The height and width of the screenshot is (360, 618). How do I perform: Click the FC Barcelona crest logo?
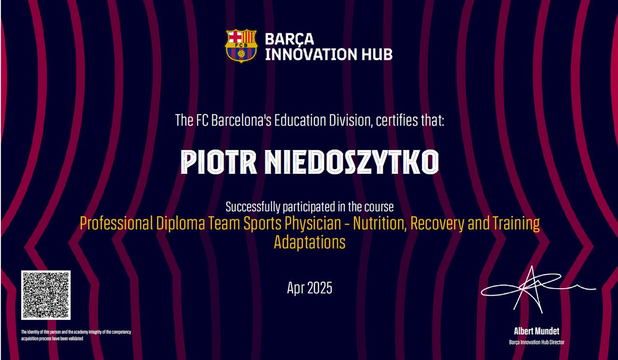click(x=241, y=46)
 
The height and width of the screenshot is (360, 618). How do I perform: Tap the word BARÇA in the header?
click(x=289, y=40)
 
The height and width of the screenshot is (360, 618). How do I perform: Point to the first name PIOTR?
click(x=219, y=162)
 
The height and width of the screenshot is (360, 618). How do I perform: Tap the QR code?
click(x=46, y=295)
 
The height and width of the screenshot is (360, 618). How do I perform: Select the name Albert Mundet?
click(x=536, y=331)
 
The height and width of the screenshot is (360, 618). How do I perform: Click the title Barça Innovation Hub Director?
click(x=536, y=342)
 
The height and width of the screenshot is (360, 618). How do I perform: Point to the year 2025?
click(x=320, y=288)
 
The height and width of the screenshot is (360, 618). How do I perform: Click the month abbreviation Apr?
click(x=295, y=289)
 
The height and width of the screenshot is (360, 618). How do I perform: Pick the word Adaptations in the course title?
click(x=309, y=242)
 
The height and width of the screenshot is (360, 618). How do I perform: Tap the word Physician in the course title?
click(x=313, y=223)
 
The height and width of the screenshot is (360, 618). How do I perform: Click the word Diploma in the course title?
click(x=181, y=223)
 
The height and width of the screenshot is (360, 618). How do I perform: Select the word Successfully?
click(x=253, y=207)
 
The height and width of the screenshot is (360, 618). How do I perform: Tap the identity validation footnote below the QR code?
click(x=76, y=335)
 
